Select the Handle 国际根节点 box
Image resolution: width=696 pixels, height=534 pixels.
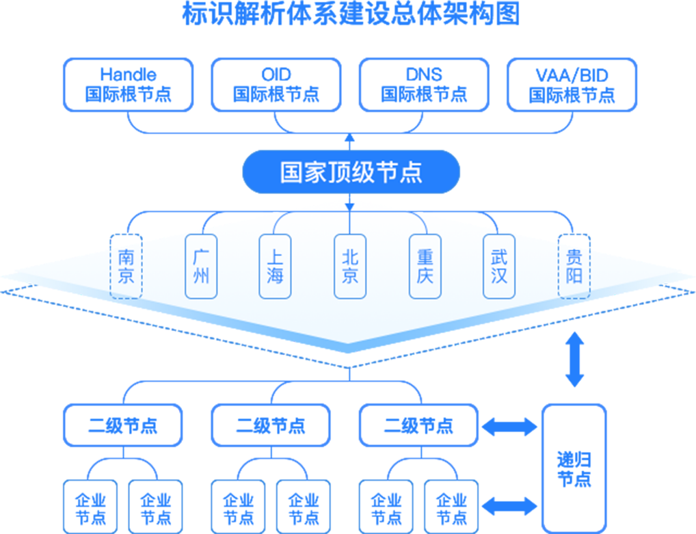(x=128, y=85)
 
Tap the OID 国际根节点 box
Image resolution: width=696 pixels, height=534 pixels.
(x=276, y=85)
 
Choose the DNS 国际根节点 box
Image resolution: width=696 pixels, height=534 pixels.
(x=423, y=85)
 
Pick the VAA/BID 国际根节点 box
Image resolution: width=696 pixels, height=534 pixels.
(x=572, y=85)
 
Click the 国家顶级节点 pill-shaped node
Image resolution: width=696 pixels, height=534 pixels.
(x=350, y=172)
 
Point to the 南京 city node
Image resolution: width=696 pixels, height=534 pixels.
(x=126, y=267)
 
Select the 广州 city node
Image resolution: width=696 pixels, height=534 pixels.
(x=201, y=267)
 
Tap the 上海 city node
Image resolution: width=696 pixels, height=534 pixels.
(x=275, y=267)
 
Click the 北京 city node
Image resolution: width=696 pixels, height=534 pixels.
(x=350, y=267)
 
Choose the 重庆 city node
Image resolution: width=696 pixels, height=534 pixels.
(x=425, y=267)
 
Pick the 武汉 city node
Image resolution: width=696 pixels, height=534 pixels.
(x=499, y=267)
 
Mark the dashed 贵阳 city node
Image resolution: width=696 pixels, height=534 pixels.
(x=574, y=267)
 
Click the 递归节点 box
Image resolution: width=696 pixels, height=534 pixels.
(x=574, y=468)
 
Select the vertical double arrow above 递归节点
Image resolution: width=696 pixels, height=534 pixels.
(x=574, y=360)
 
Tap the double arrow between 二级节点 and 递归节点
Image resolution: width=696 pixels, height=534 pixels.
(x=509, y=427)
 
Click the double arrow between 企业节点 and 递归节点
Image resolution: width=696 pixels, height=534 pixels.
(x=509, y=506)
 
